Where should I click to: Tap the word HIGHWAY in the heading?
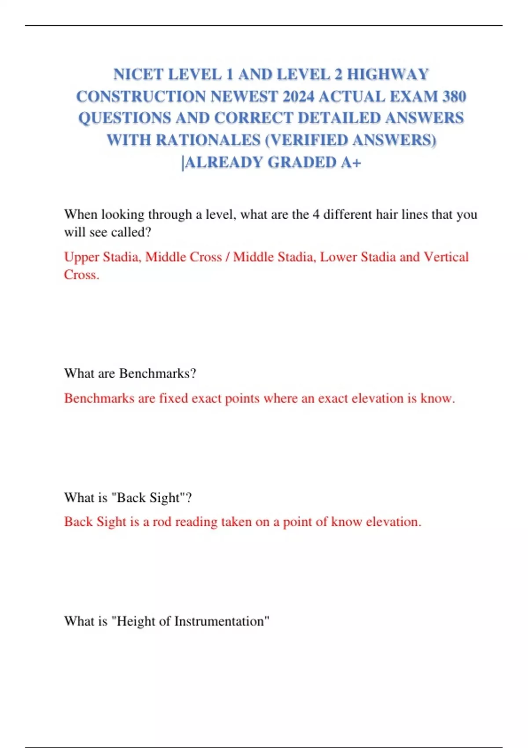coord(388,74)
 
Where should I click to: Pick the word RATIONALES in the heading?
coord(208,140)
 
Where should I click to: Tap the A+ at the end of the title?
coord(351,162)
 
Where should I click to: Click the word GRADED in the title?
coord(302,162)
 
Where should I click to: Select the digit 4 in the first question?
coord(316,215)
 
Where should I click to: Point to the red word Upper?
coord(81,257)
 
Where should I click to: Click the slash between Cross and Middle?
coord(227,257)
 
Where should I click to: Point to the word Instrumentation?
coord(220,621)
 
